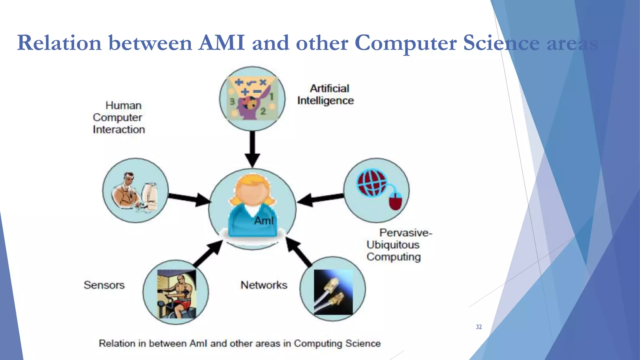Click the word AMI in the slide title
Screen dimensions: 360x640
221,43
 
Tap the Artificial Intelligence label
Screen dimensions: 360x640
326,94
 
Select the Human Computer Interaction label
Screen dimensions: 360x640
119,117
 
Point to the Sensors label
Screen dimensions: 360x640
104,285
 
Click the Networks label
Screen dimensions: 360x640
264,285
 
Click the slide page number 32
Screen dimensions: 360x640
478,327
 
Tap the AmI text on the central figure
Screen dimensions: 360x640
264,221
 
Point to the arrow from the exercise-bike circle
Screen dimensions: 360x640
208,254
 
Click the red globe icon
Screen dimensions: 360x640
372,183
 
